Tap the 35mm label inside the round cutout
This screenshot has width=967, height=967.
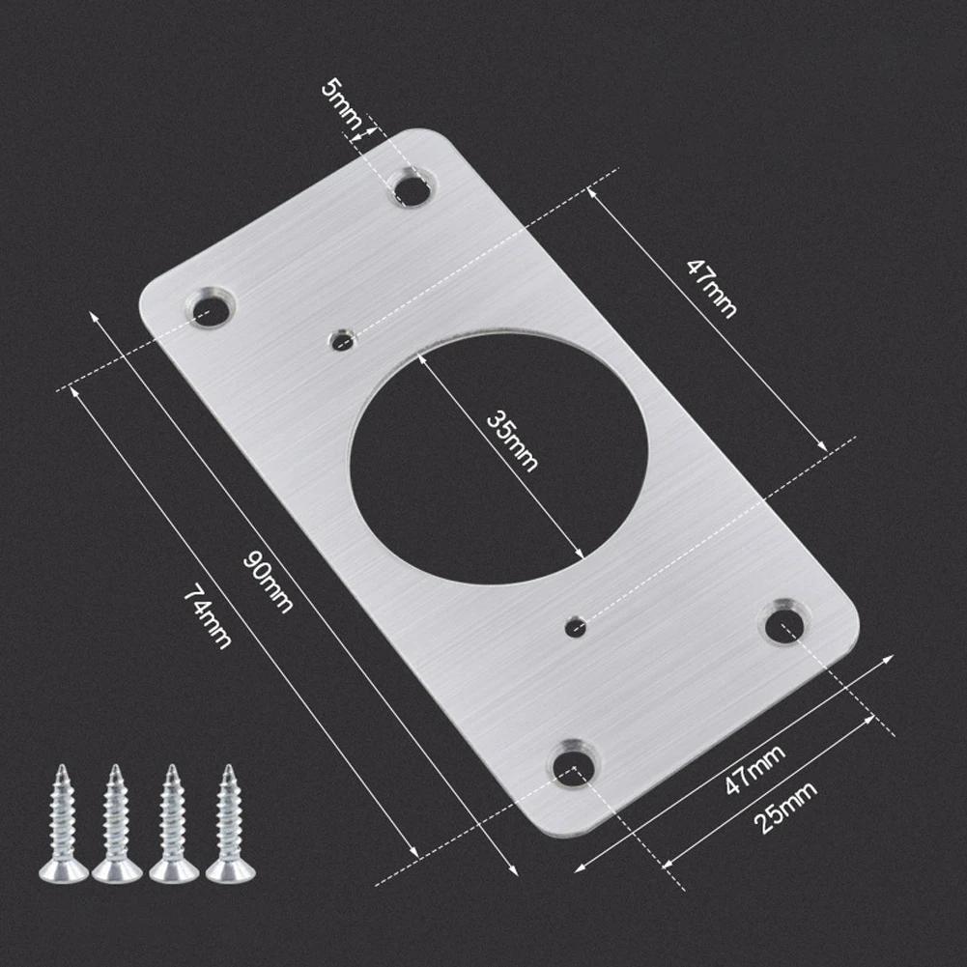512,441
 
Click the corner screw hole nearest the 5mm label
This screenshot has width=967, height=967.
412,188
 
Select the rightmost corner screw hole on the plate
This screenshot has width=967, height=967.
784,624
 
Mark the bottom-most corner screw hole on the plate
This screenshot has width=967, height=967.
574,764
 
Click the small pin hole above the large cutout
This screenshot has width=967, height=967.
341,340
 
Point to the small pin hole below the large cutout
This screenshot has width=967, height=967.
575,627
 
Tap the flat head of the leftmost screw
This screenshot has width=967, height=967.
63,872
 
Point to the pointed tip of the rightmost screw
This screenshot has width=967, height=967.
229,768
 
